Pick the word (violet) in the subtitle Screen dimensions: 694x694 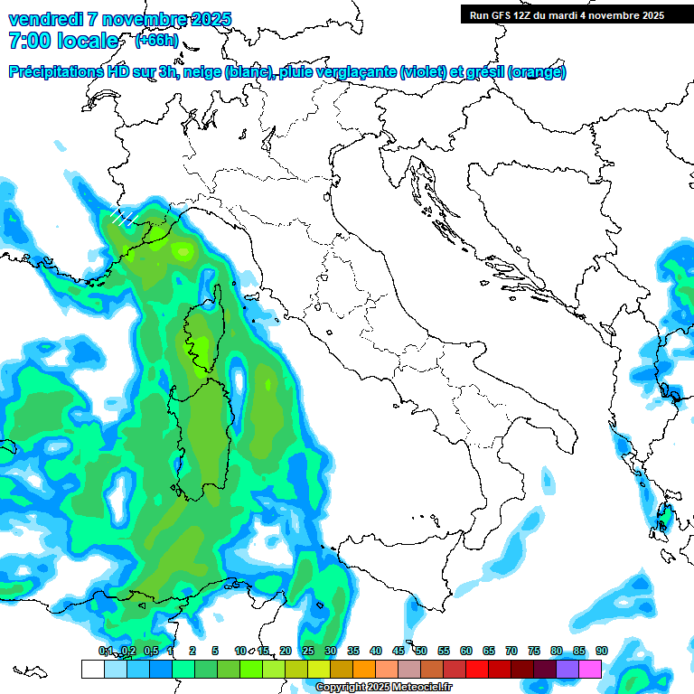[424, 72]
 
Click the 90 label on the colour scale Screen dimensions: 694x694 [601, 652]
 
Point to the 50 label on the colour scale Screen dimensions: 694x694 [420, 652]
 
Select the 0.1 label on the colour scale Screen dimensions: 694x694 [106, 652]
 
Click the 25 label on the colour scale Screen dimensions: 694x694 [307, 652]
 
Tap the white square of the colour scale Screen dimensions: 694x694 [92, 669]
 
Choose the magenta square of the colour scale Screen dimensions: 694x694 [590, 669]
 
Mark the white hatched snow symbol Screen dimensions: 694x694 [122, 217]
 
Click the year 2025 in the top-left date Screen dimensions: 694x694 [207, 19]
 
